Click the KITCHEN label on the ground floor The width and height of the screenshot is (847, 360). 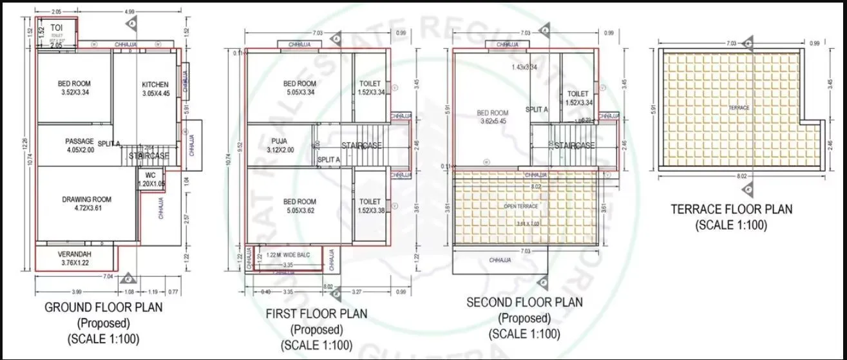155,84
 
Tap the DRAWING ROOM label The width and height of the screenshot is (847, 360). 87,200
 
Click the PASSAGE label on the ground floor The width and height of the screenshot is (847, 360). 80,141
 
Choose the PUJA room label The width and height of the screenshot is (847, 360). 280,140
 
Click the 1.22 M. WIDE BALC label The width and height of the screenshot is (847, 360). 289,255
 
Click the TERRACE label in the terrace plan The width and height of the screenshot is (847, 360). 739,108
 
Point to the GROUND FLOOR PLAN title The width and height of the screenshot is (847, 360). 103,308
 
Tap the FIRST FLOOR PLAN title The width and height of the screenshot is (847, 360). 316,314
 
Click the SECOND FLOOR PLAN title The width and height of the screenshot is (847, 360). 524,303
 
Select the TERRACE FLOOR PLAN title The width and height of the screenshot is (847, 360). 731,209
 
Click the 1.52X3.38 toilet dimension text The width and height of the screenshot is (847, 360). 370,211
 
